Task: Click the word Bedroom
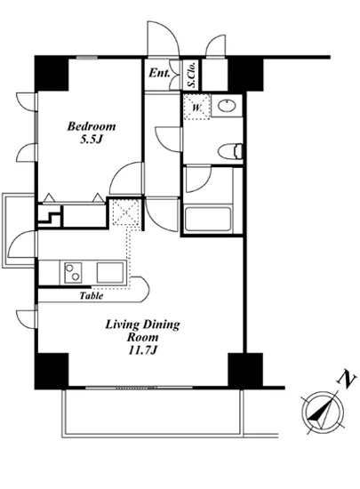[92, 127]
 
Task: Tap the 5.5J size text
[92, 140]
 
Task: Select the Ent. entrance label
[160, 74]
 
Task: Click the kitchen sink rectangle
[112, 271]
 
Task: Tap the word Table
[92, 296]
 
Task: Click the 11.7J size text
[142, 352]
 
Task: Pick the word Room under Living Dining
[142, 339]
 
